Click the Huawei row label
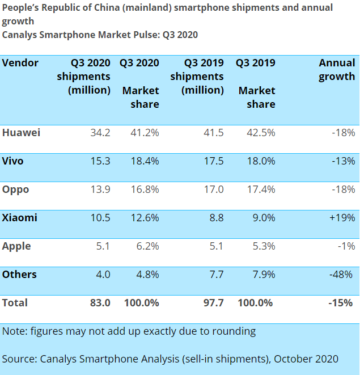21,133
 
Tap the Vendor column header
20,62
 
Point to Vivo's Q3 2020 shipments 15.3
100,161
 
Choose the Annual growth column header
337,69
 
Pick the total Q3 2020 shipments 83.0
100,303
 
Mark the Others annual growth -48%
342,275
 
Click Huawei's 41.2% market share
145,133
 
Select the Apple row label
16,246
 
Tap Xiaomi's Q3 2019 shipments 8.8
216,218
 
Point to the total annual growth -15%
342,303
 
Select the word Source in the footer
19,359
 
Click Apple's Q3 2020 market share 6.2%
147,246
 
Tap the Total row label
15,303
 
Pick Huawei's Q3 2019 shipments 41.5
213,133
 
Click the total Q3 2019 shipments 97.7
213,303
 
